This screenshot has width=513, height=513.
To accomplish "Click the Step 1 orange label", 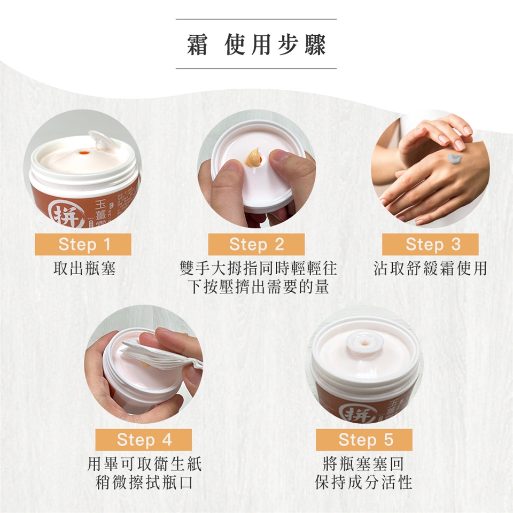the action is point(83,244).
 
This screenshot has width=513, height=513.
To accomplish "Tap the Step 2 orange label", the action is point(256,244).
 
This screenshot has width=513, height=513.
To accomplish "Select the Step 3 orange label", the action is point(430,244).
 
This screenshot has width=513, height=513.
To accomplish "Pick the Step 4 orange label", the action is point(144,440).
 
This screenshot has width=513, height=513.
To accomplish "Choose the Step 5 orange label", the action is point(364,440).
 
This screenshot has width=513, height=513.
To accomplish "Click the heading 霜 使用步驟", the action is point(256,44).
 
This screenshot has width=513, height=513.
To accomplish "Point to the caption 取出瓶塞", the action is point(84,269).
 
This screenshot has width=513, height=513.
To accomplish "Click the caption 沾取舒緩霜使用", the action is point(430,269).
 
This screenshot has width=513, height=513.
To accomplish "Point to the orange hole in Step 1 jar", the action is point(83,152).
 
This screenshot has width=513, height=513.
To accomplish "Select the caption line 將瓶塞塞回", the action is point(363,464).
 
